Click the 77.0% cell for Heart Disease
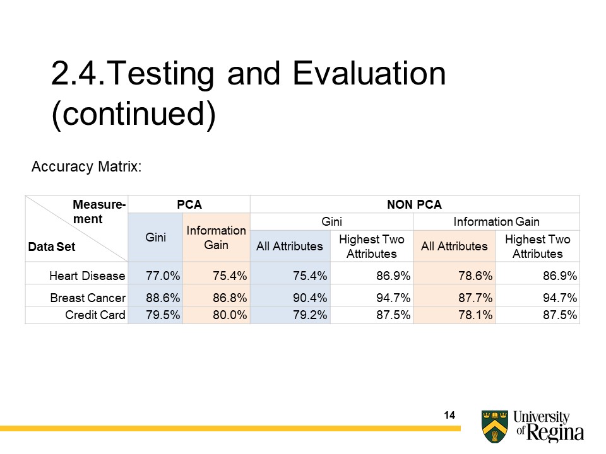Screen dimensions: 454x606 click(x=155, y=276)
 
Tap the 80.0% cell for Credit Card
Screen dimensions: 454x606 click(x=216, y=315)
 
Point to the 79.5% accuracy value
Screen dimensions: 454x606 click(x=155, y=315)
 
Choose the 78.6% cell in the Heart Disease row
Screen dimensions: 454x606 click(x=454, y=276)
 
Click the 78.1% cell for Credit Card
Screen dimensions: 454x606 click(x=454, y=315)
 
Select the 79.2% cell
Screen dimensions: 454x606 click(x=290, y=315)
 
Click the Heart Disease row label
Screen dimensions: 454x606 click(x=87, y=276)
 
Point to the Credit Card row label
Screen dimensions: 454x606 click(x=95, y=315)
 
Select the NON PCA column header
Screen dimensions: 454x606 click(x=414, y=204)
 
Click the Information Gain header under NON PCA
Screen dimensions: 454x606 click(x=496, y=221)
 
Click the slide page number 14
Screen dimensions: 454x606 click(x=449, y=415)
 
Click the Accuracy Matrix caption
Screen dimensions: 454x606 click(x=86, y=166)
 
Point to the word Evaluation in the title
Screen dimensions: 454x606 click(x=369, y=74)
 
